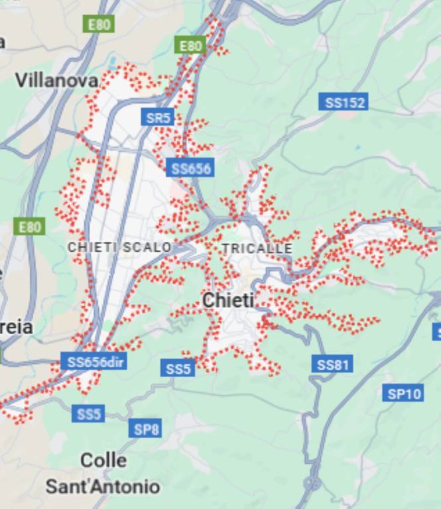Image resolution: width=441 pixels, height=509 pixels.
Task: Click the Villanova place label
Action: (x=56, y=80)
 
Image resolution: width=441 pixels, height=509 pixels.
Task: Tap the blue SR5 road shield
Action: (x=158, y=118)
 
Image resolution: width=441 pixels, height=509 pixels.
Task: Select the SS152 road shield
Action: (x=345, y=103)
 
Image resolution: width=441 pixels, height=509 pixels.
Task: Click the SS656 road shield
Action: (x=190, y=168)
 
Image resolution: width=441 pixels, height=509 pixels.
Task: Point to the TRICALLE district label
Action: (x=257, y=249)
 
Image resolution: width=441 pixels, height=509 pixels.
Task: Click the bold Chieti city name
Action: (x=228, y=300)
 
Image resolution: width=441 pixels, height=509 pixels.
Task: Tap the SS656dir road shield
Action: (x=94, y=362)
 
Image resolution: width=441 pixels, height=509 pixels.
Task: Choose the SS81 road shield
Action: (x=332, y=364)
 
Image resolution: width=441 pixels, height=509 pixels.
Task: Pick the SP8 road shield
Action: (x=146, y=429)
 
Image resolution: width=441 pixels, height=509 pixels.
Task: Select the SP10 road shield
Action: (x=404, y=394)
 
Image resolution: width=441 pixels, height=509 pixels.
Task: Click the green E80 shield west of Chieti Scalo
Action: (x=29, y=227)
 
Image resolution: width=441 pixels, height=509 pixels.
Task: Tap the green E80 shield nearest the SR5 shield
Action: (x=190, y=46)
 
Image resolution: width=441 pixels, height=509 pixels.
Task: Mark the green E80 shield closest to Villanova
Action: (x=99, y=25)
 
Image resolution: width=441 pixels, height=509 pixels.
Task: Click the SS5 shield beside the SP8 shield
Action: (x=88, y=414)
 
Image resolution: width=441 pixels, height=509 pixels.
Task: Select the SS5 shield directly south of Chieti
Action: (x=178, y=368)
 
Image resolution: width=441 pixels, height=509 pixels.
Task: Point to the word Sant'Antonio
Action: (x=103, y=487)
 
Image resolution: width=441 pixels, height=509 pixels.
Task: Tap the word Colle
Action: (x=103, y=460)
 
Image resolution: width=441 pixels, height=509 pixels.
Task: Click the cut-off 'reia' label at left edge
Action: (x=16, y=327)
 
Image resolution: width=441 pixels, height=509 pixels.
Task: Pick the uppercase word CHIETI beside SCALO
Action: (x=92, y=247)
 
